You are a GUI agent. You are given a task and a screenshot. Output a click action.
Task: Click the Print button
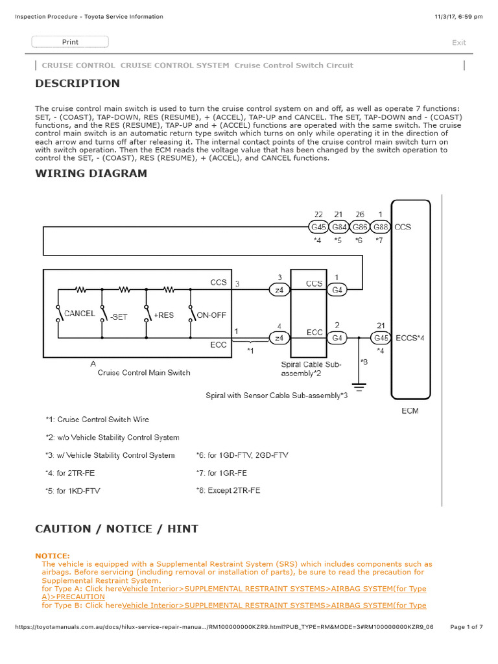70,42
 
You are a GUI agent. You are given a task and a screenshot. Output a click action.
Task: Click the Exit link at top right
458,43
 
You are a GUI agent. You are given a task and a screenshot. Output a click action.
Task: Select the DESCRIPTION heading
77,83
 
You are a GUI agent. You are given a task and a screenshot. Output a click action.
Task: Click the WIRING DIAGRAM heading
91,173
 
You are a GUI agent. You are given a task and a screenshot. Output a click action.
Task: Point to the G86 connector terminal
361,227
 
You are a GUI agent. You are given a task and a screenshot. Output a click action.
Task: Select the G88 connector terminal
381,227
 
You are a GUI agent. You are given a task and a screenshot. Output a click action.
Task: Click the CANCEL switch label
79,313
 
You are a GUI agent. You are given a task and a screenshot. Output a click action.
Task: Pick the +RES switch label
163,315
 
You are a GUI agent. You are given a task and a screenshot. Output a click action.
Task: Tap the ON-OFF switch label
211,315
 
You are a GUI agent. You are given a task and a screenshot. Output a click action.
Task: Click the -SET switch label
119,316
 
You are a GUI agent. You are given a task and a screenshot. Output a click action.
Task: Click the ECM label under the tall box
410,410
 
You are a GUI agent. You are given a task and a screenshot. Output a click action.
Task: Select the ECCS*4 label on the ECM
409,337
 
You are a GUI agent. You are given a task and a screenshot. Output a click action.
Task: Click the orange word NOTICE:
53,556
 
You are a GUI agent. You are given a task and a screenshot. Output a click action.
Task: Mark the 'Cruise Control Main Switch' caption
144,372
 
